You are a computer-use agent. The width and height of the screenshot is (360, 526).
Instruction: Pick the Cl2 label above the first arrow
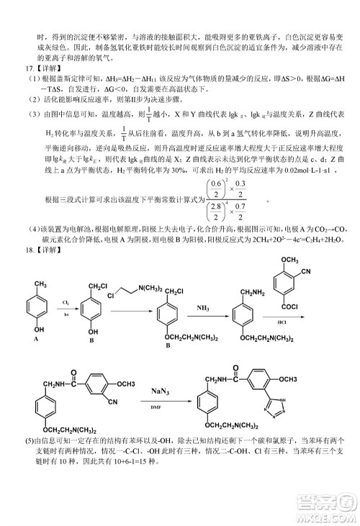coord(66,303)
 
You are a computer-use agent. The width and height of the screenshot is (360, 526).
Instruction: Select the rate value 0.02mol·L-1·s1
coord(296,176)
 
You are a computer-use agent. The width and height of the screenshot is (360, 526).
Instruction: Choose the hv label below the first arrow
coord(66,314)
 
